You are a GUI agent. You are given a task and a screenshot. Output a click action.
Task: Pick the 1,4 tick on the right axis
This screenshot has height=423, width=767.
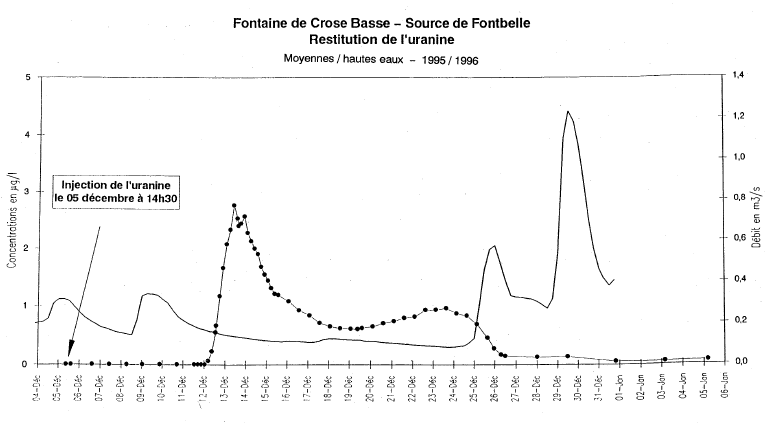[x=740, y=77]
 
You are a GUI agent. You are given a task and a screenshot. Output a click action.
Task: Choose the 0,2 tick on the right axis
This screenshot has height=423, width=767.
[x=740, y=320]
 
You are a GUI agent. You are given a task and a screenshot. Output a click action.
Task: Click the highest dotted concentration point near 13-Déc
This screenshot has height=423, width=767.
[x=234, y=206]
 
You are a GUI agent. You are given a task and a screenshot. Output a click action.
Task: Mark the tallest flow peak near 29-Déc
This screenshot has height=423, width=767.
[x=568, y=111]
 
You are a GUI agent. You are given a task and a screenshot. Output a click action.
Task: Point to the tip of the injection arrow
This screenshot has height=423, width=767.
[x=70, y=353]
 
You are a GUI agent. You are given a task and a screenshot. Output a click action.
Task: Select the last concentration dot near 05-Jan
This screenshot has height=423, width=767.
[x=708, y=357]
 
